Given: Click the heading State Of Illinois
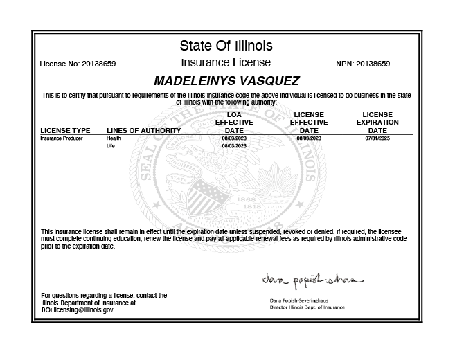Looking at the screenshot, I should (226, 46).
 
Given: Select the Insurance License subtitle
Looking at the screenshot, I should (226, 63).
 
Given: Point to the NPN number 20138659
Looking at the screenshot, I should (373, 64).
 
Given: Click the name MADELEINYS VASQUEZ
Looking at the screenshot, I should (226, 80).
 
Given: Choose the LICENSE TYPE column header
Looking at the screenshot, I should (65, 130).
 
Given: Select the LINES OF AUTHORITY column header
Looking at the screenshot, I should (143, 130).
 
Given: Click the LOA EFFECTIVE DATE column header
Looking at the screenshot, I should (234, 122).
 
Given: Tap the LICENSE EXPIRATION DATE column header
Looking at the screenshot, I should (377, 122).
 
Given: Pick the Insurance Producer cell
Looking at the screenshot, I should (62, 138).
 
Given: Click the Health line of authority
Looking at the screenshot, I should (114, 138).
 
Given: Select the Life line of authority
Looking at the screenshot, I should (110, 147).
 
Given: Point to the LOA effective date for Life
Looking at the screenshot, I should (234, 147).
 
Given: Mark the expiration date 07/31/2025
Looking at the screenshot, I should (377, 138).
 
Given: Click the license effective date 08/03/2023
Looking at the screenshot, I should (309, 138).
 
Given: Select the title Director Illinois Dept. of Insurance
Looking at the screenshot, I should (307, 307).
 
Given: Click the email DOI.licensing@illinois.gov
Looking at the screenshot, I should (77, 310).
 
